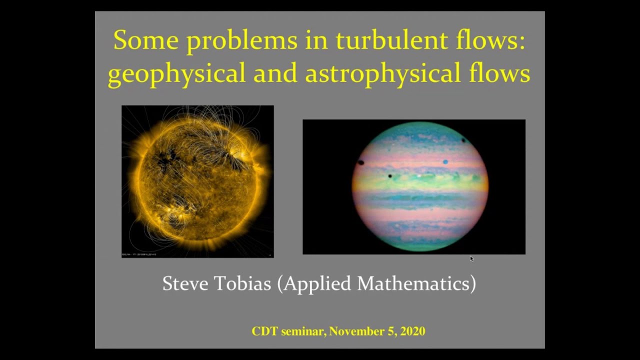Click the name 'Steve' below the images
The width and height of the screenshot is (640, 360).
pos(185,283)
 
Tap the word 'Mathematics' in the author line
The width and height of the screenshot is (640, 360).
pos(416,283)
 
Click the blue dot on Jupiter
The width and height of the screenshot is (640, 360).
pos(445,162)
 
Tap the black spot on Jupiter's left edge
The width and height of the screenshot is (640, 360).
pos(360,162)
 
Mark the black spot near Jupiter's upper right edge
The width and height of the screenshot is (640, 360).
pos(463,140)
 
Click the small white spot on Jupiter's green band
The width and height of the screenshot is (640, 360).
pos(419,176)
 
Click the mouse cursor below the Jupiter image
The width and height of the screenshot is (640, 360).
pos(471,258)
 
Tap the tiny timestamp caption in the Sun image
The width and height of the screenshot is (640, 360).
pos(139,254)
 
